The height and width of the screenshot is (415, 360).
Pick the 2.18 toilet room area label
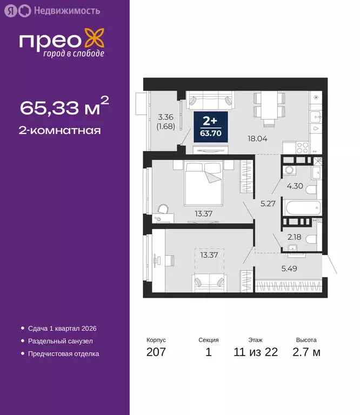[294, 237]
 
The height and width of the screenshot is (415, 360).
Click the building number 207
[156, 353]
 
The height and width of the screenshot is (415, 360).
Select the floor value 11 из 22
[256, 353]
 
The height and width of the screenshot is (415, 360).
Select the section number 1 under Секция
[209, 353]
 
